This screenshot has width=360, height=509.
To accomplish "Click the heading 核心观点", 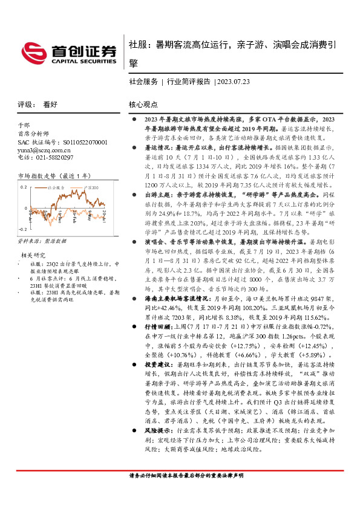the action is click(143, 105).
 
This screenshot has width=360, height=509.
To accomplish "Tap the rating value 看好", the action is click(50, 105).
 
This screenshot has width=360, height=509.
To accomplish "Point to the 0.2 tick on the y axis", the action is click(24, 187).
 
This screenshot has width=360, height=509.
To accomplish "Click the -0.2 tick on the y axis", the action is click(23, 229).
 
